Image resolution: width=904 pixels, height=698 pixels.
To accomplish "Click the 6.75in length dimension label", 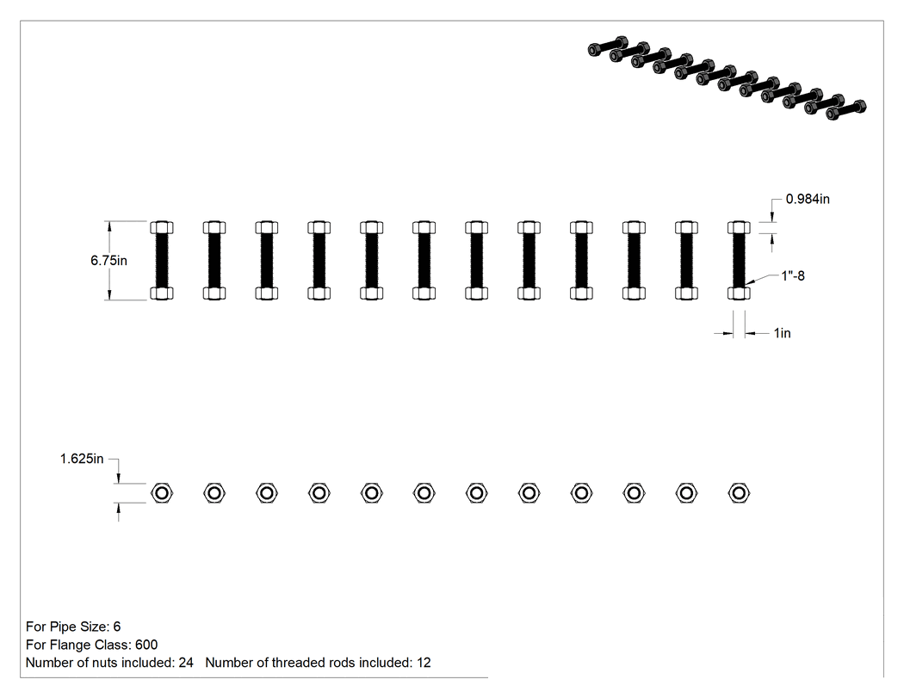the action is tap(108, 261).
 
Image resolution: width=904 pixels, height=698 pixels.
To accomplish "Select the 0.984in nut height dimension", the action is tap(808, 199).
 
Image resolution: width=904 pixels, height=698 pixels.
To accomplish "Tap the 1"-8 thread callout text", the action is tap(793, 276).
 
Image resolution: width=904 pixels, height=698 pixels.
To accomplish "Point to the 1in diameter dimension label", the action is tap(782, 333).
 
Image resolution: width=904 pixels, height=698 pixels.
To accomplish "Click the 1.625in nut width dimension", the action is tap(82, 459).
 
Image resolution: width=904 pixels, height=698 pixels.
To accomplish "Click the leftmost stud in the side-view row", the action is tap(162, 261).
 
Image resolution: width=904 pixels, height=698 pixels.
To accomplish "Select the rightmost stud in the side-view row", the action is tap(739, 261).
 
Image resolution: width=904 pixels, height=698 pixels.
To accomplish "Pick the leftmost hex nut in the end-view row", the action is tap(162, 493).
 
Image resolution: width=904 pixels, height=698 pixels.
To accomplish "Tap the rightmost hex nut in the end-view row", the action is tap(739, 493).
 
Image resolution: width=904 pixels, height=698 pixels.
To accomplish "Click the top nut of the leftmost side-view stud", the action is tap(162, 227).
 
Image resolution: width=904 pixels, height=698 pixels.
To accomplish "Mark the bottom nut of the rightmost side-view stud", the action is tap(739, 293).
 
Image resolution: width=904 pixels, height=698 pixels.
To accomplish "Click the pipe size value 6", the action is tap(117, 627).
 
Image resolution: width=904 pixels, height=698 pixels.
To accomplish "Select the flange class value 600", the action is tap(146, 645).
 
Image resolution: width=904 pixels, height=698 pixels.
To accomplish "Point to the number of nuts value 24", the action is tap(186, 663).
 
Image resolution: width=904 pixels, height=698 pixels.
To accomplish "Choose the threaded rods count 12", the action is tap(424, 663).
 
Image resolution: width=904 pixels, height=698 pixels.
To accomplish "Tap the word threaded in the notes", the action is tap(294, 663).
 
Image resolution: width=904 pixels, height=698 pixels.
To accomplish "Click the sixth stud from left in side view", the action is tap(424, 261).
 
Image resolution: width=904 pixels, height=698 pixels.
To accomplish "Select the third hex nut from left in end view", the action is tap(267, 493).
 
